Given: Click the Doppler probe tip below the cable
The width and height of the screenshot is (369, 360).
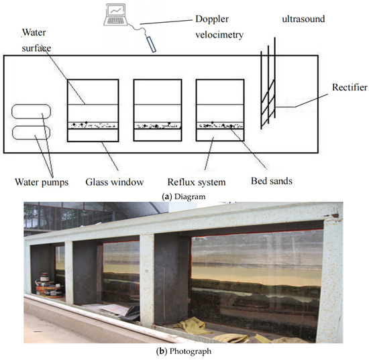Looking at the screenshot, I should click(x=151, y=45).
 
